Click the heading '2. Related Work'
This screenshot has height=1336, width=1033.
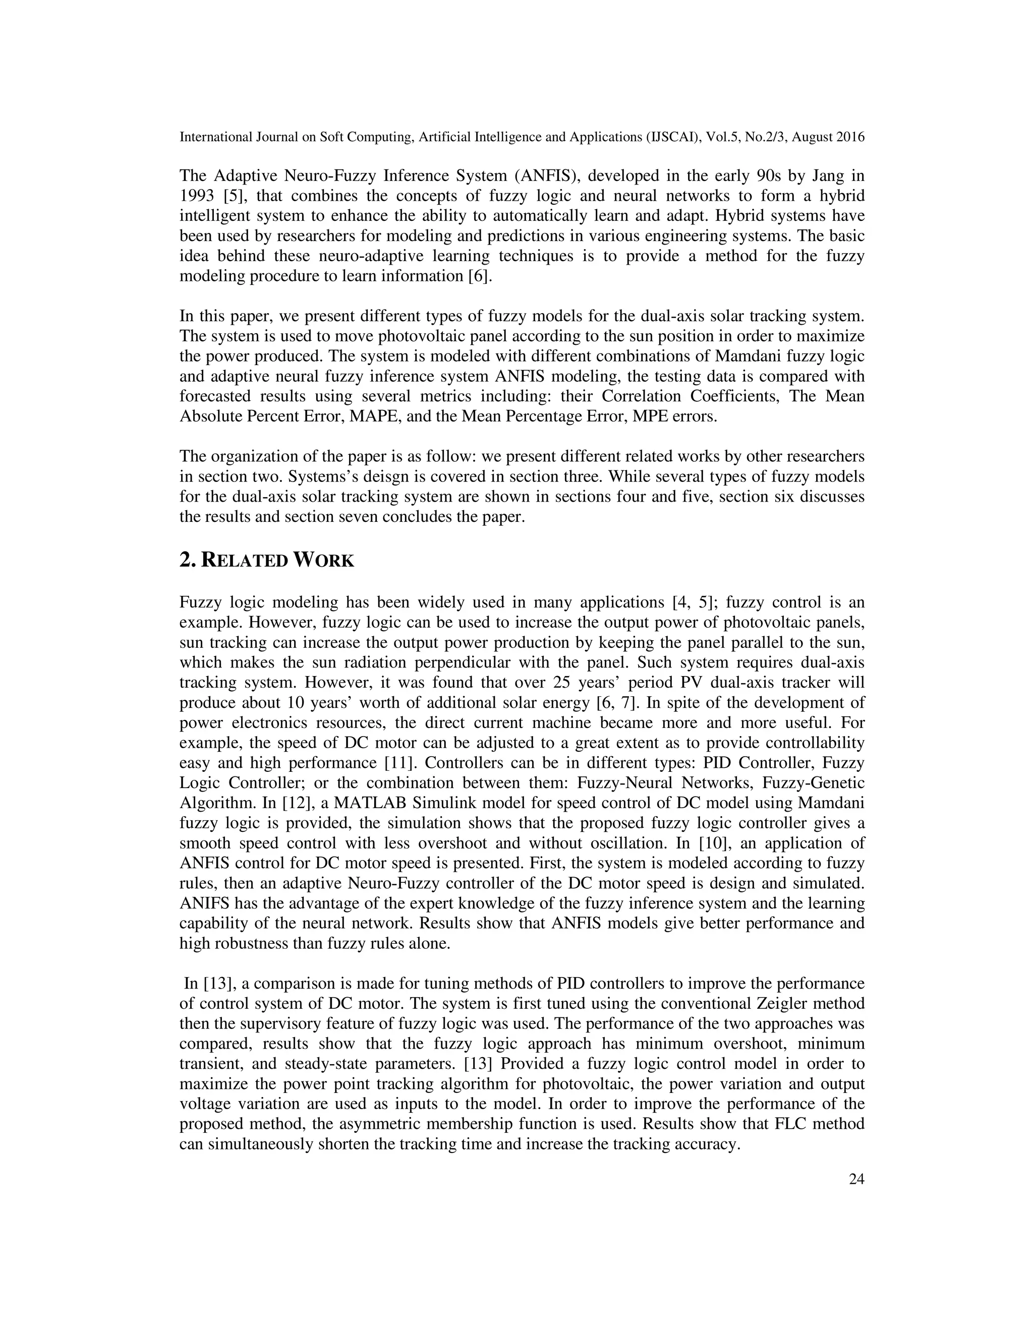267,560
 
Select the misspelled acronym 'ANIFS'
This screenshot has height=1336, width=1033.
204,903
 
